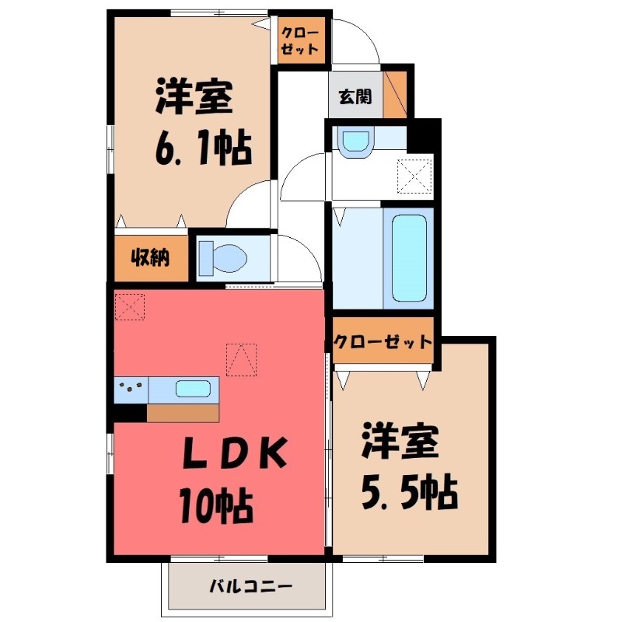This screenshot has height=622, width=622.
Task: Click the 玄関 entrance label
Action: click(354, 97)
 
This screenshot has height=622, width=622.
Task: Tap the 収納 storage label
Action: click(151, 259)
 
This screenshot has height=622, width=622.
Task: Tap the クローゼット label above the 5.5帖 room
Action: click(383, 341)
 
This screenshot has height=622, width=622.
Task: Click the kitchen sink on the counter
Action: click(190, 388)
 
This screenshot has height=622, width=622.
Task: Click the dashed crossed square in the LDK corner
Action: click(129, 306)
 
